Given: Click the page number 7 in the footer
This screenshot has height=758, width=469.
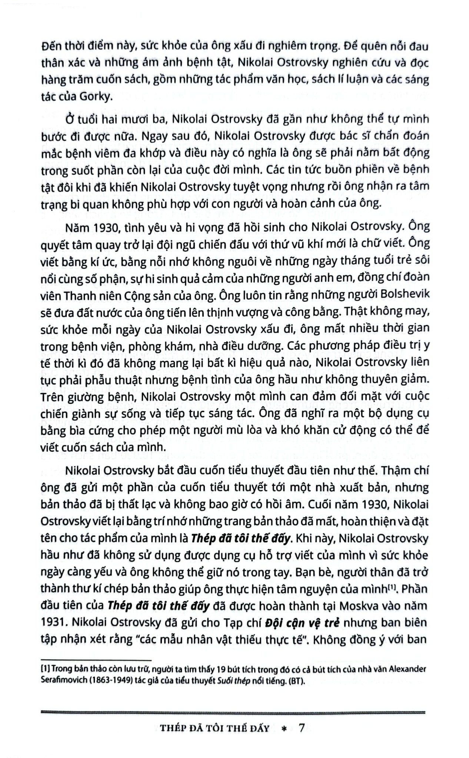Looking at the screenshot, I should coord(301,728).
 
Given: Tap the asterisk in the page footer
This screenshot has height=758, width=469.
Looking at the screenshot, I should coord(285,728).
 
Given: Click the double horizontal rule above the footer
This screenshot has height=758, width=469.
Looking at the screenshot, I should coord(234,712).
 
